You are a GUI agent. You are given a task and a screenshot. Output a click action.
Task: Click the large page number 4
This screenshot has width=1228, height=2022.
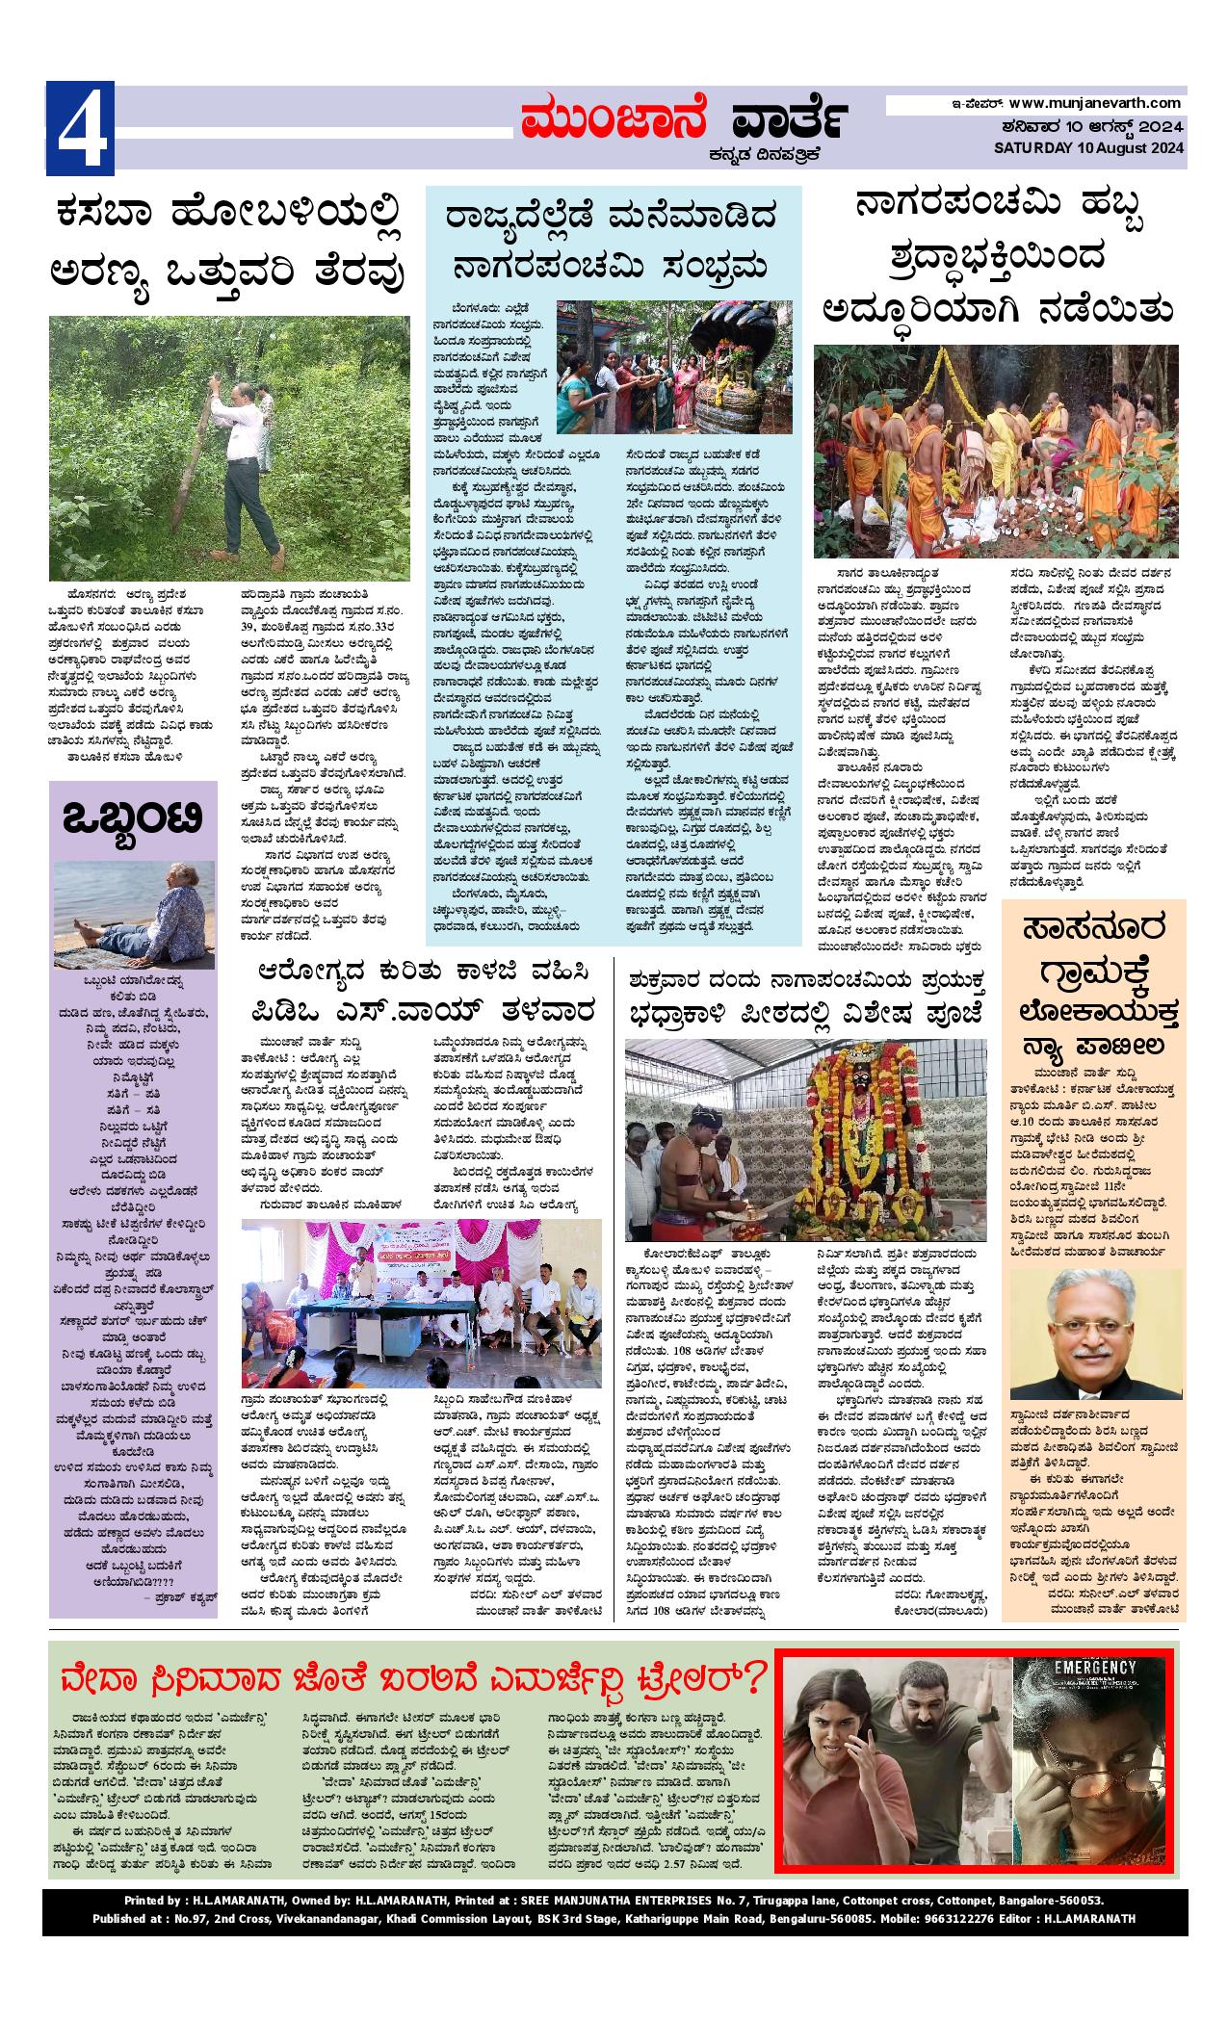(81, 129)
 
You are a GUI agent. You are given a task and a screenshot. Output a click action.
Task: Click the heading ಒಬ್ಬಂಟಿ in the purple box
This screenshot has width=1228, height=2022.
(132, 821)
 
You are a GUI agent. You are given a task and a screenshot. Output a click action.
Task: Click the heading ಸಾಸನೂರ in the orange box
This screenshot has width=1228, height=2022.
(1093, 930)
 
